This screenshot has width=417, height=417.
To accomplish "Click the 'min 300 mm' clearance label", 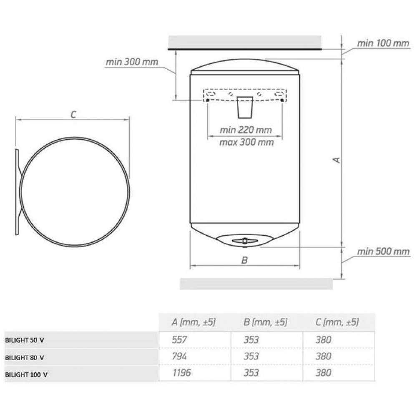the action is [132, 62].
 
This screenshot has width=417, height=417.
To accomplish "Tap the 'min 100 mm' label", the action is [383, 43].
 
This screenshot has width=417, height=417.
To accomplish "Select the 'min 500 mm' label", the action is [383, 251].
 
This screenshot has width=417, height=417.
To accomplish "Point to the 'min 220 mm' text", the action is [246, 130].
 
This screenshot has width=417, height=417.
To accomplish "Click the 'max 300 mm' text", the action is [246, 142].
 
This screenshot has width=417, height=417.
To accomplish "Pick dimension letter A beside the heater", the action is [337, 160].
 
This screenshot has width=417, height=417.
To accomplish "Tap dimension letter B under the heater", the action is [244, 260].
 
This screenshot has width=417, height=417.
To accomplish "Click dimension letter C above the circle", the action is [73, 115].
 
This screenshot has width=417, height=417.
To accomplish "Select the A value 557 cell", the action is [179, 339].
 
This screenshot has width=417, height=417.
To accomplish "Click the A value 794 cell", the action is [179, 356].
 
